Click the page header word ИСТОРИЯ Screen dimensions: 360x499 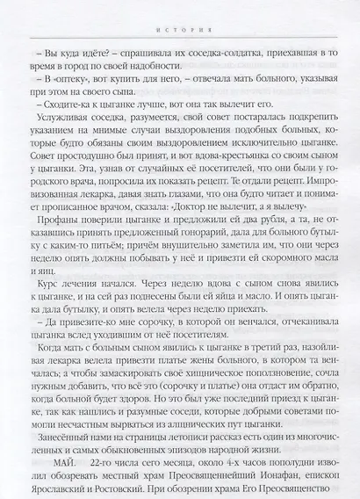[180, 15]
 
